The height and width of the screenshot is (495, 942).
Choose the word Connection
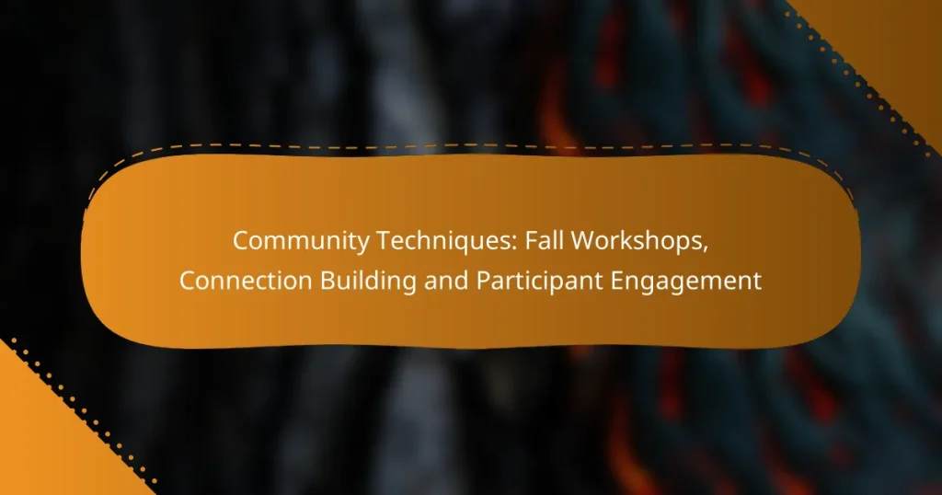[x=241, y=282]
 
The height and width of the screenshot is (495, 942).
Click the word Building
[x=355, y=282]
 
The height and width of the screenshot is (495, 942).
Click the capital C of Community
[x=241, y=242]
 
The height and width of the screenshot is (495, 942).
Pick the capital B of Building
[x=318, y=282]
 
